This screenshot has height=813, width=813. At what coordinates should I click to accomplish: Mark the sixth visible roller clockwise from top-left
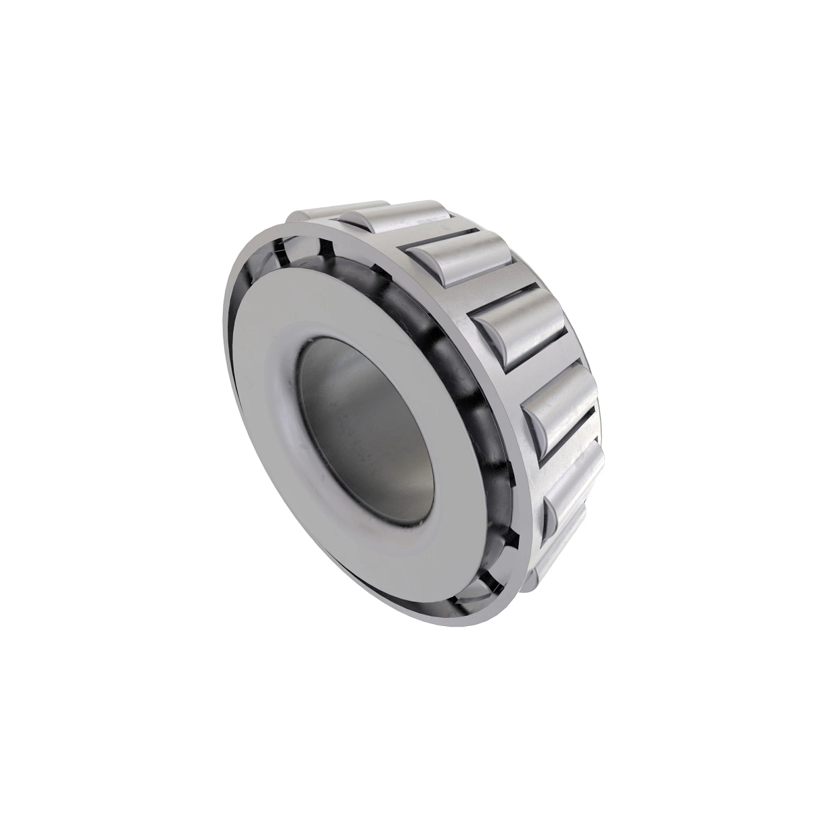click(x=576, y=488)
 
